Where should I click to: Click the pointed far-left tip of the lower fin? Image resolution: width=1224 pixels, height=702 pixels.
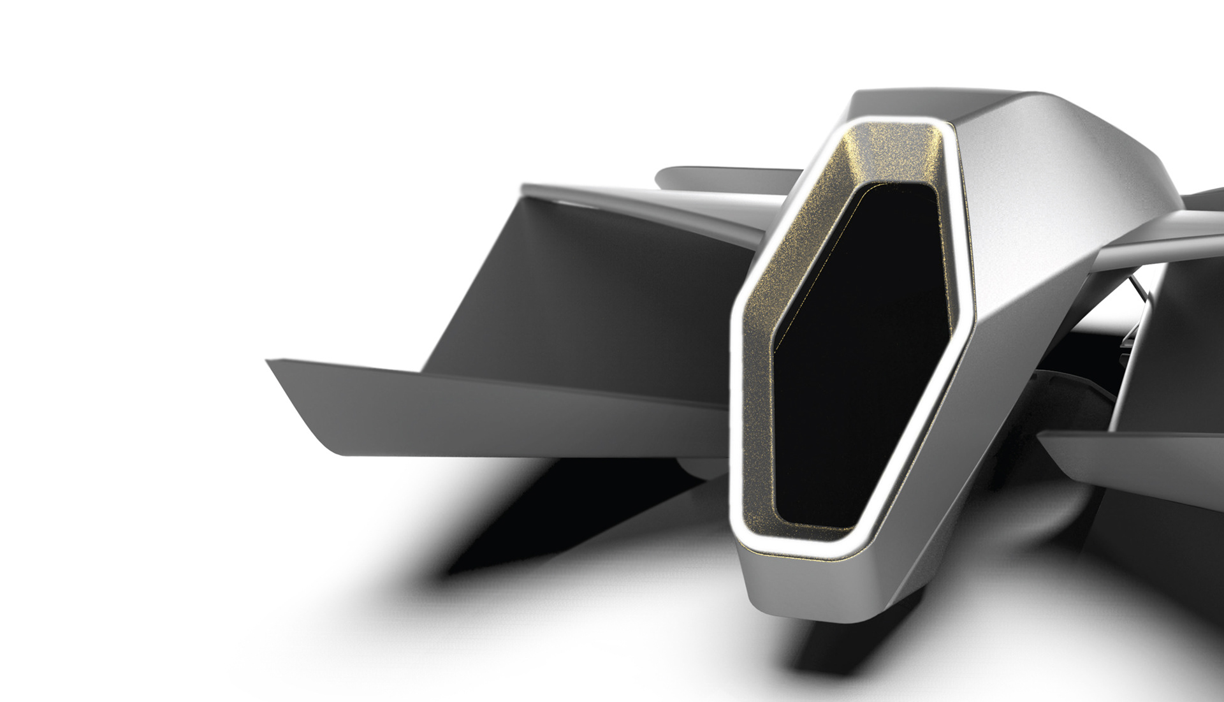(268, 362)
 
